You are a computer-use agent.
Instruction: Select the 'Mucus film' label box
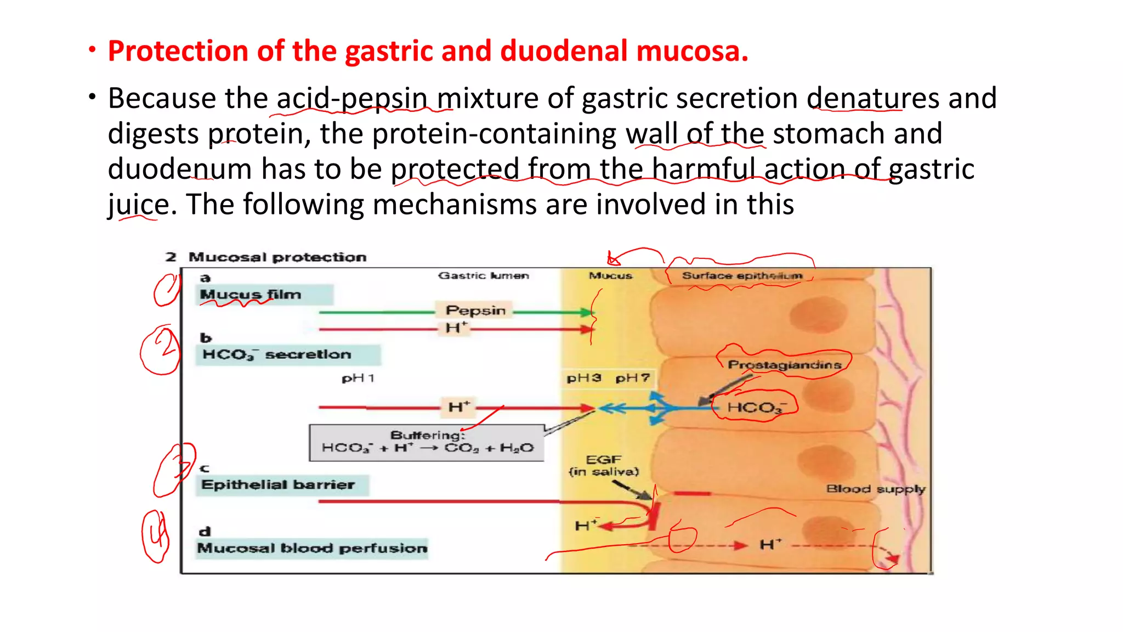point(264,295)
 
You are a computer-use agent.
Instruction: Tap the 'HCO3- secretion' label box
point(287,354)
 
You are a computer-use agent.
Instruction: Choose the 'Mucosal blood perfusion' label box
point(312,548)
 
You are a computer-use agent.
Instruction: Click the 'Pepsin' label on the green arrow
point(475,311)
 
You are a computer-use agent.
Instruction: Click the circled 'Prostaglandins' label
point(784,365)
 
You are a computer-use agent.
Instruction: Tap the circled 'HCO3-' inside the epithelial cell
point(756,407)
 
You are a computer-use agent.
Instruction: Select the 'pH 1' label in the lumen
point(358,379)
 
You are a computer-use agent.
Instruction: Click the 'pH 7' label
point(632,379)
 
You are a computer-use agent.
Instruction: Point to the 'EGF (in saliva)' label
point(604,466)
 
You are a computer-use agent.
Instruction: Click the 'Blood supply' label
point(876,489)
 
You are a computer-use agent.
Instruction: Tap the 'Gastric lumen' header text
point(483,275)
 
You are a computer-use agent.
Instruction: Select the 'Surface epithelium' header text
point(741,275)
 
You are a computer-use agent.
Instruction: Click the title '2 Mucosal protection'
point(266,257)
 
